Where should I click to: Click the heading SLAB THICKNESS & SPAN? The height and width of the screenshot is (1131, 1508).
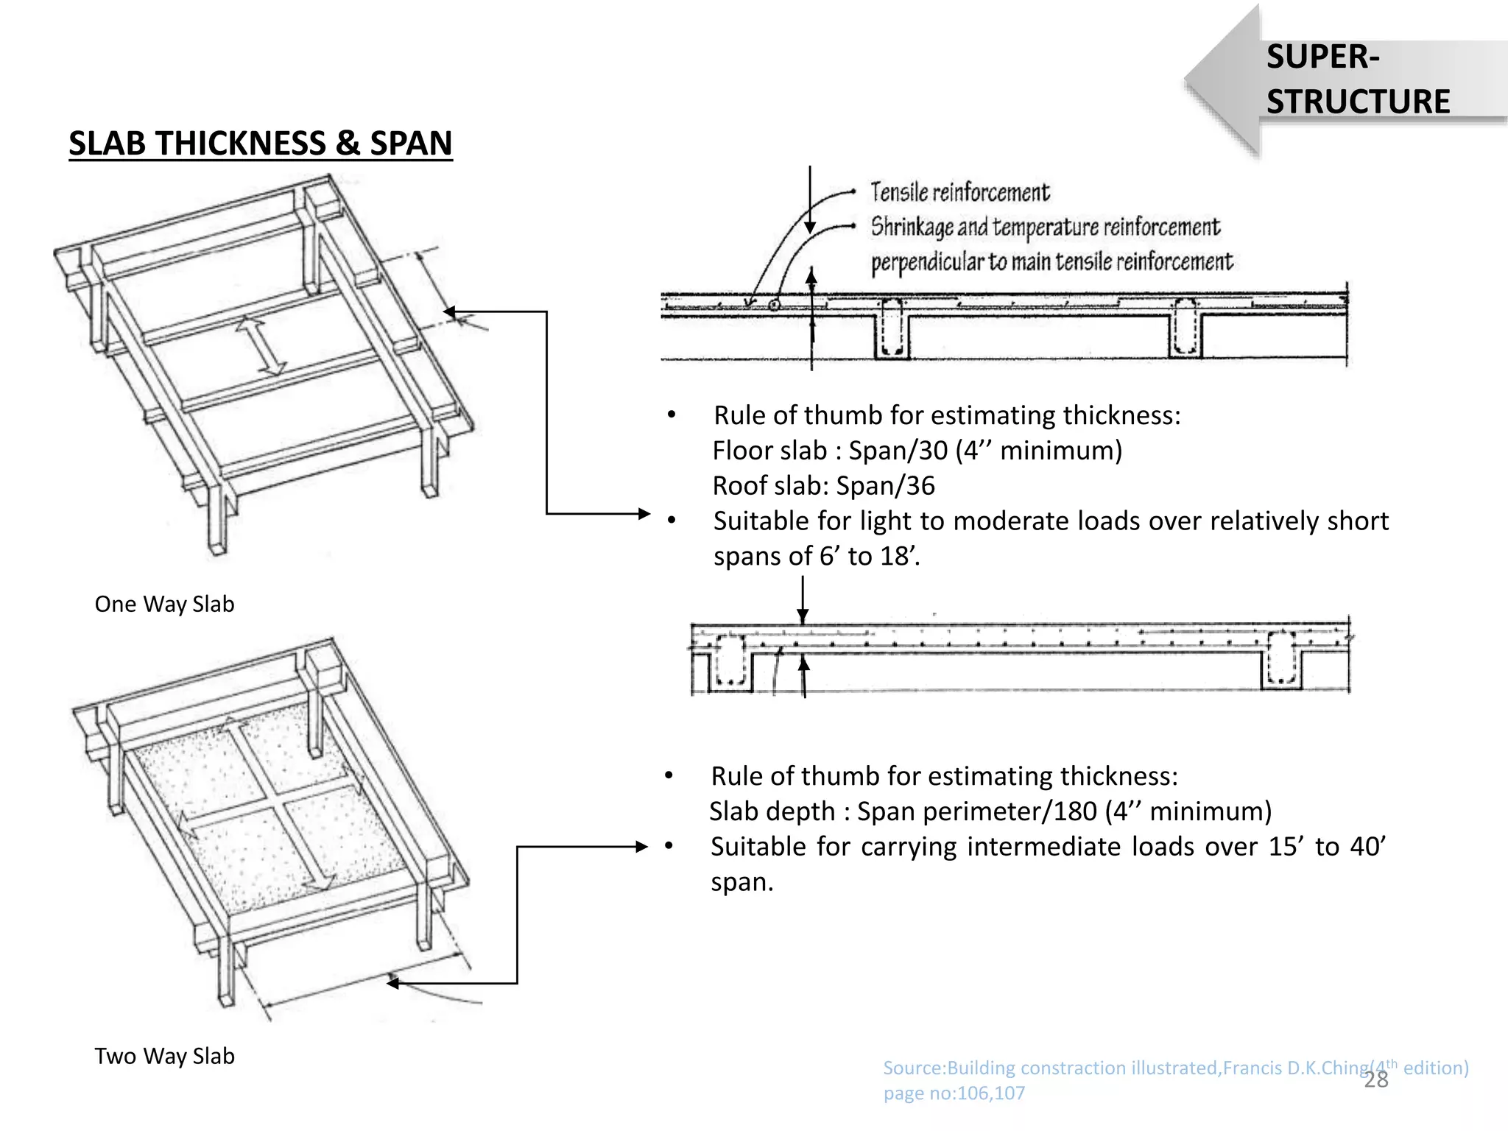261,143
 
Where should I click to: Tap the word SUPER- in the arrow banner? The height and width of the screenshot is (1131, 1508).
1322,57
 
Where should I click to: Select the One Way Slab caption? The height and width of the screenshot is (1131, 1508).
164,604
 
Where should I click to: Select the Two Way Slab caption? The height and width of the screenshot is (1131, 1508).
164,1056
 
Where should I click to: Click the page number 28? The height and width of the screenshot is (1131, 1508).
1375,1079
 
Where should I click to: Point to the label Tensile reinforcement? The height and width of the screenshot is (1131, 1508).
959,192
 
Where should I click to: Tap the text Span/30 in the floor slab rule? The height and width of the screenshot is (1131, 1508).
898,450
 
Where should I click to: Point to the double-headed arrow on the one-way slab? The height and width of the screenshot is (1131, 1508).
261,345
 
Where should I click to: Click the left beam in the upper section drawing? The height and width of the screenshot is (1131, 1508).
892,328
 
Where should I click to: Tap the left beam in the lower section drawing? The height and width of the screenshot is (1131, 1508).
730,661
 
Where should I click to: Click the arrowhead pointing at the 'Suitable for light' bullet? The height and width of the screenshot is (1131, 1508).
644,514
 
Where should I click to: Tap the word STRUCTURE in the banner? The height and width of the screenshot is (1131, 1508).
1358,102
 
